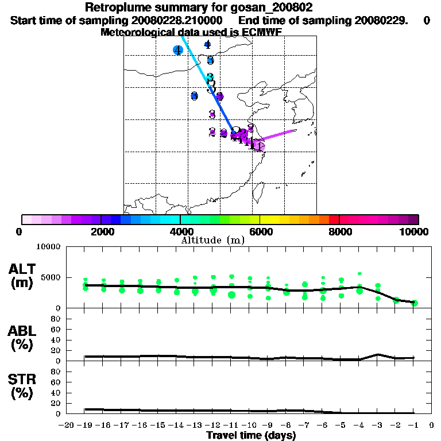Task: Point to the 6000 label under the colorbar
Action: [x=260, y=231]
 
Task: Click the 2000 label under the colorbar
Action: [x=101, y=231]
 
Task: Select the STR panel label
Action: [x=22, y=386]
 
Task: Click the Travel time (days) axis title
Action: [x=251, y=436]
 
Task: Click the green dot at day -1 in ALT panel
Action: [x=414, y=303]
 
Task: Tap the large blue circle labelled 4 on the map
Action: [x=178, y=51]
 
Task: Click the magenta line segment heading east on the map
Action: [x=278, y=134]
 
